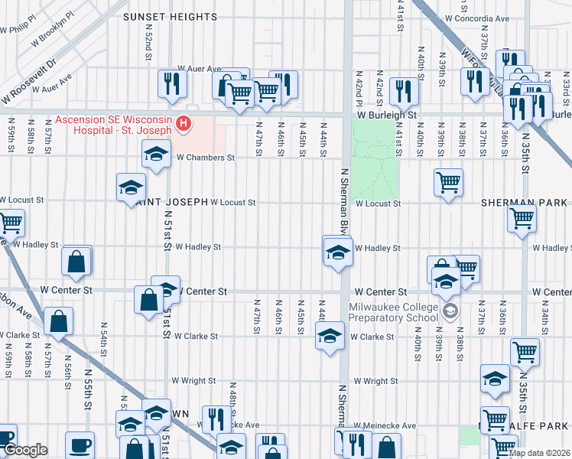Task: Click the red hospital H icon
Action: pyautogui.click(x=183, y=123)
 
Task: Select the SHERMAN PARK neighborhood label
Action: pyautogui.click(x=524, y=203)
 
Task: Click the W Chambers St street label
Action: pyautogui.click(x=204, y=158)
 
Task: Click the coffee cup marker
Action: pyautogui.click(x=80, y=445)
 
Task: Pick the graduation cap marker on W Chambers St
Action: pyautogui.click(x=156, y=154)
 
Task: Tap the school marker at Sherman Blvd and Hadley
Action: pyautogui.click(x=336, y=252)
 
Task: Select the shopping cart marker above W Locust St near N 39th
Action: pyautogui.click(x=448, y=183)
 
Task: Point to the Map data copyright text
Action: pyautogui.click(x=538, y=453)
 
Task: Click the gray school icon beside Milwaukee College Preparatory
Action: pyautogui.click(x=450, y=310)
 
